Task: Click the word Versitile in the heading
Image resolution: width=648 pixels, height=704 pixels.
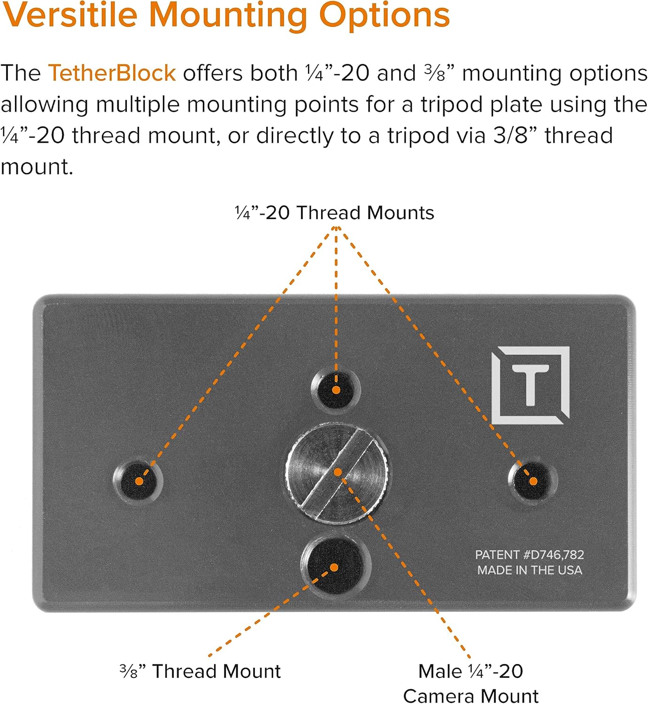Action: (70, 15)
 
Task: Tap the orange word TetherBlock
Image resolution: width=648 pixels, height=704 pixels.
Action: (112, 73)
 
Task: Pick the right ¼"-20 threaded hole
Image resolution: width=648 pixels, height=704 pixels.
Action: (533, 480)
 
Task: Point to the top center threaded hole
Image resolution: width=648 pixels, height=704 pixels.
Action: (336, 390)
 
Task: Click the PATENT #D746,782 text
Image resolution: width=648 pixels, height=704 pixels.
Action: (529, 555)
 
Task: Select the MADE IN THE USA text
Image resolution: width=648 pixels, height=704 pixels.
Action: (529, 570)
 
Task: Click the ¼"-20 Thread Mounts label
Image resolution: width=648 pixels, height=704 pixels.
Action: (334, 213)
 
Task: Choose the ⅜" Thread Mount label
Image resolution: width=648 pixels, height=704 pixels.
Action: (201, 671)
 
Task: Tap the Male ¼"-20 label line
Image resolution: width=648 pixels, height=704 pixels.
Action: (471, 671)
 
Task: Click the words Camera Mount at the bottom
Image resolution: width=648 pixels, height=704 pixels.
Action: (471, 696)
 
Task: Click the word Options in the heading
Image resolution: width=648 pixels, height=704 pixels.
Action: (384, 15)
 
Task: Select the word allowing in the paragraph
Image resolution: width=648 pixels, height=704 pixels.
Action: (44, 105)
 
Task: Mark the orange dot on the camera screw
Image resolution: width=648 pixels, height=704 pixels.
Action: (338, 472)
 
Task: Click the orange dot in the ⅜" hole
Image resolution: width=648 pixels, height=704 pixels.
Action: (334, 567)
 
